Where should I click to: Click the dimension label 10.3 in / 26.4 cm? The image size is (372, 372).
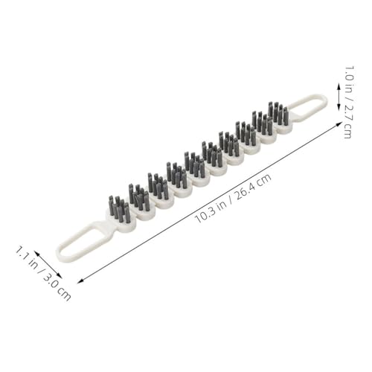(x=234, y=199)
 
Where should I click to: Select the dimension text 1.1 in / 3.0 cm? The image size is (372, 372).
(x=43, y=273)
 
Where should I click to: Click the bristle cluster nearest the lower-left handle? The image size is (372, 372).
(x=119, y=209)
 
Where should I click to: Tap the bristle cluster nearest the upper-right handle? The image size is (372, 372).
(x=278, y=113)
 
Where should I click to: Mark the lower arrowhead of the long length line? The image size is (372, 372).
(x=80, y=280)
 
